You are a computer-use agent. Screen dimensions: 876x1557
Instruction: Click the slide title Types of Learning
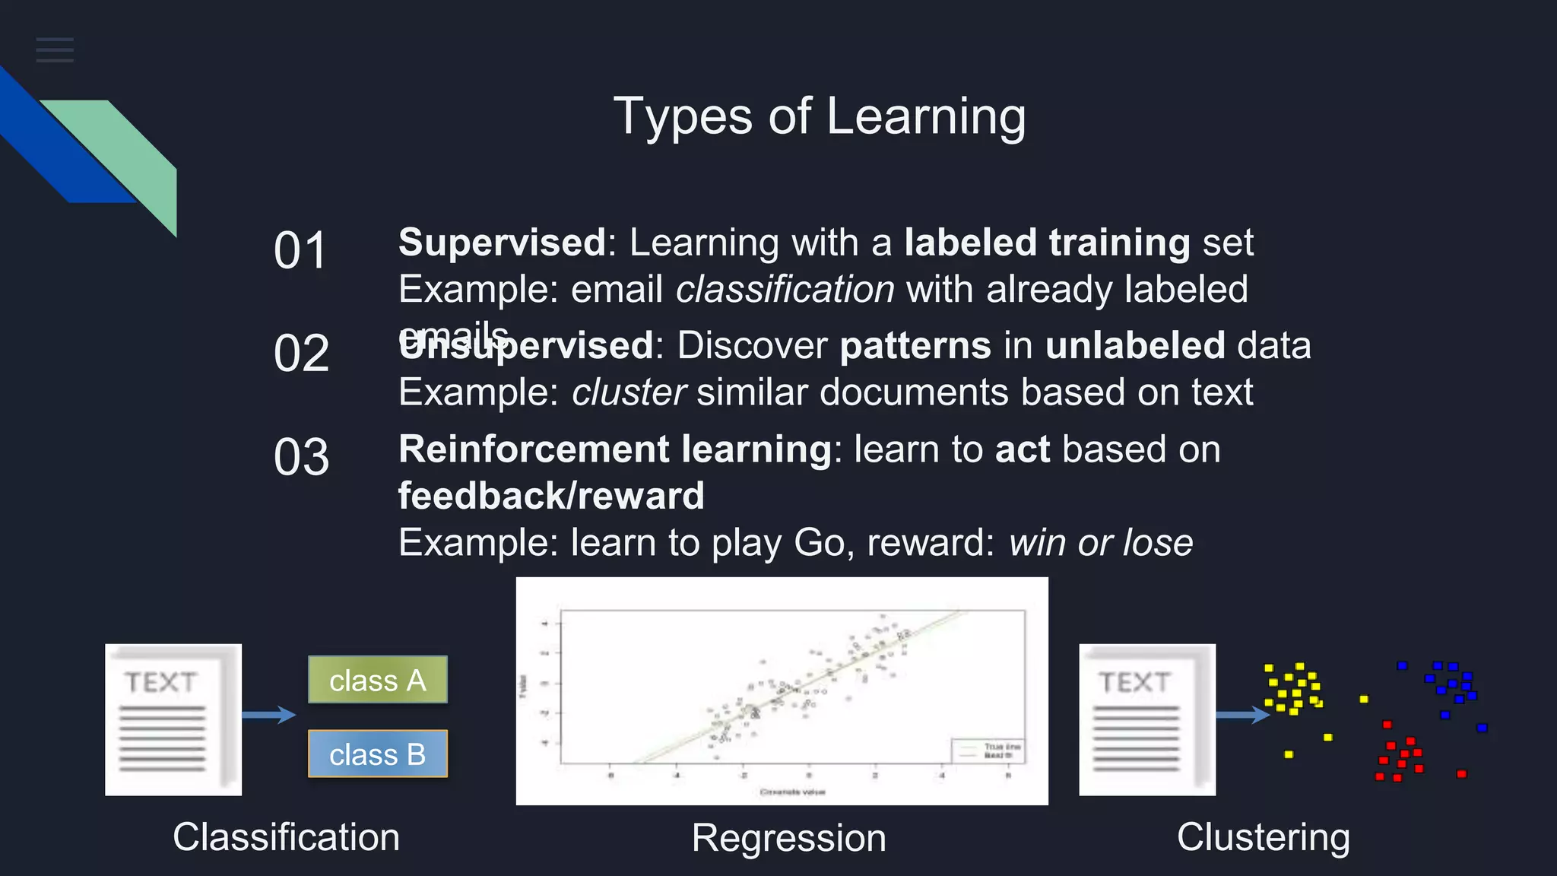[x=820, y=116]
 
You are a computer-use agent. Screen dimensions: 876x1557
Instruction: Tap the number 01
[x=300, y=250]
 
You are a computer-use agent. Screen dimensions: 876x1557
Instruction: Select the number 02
[x=301, y=354]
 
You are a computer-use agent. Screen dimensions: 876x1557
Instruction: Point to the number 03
[x=301, y=457]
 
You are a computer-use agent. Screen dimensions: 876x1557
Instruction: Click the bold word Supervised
[x=502, y=243]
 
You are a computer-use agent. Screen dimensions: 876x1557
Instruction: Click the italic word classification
[x=785, y=290]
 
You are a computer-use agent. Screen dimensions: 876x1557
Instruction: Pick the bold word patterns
[x=915, y=346]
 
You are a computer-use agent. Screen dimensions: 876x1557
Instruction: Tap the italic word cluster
[x=629, y=392]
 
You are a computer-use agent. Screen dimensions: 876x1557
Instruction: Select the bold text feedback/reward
[x=551, y=496]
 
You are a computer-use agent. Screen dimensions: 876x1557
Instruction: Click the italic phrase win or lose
[x=1100, y=543]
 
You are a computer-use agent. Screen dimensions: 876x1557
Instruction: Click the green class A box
[x=377, y=680]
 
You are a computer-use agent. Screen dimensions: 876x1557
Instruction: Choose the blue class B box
[x=377, y=754]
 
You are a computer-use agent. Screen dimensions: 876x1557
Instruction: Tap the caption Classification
[x=286, y=837]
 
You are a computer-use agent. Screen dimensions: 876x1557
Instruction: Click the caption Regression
[x=788, y=838]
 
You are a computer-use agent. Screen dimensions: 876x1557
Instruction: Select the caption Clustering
[x=1263, y=837]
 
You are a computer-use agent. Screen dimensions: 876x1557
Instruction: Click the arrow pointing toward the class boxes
[x=269, y=714]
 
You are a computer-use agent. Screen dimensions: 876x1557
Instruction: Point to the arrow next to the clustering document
[x=1242, y=714]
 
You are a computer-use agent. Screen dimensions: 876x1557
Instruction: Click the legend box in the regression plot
[x=987, y=751]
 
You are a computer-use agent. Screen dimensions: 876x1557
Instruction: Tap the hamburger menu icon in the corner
[x=55, y=50]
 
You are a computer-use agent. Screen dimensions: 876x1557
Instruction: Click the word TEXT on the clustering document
[x=1134, y=682]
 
